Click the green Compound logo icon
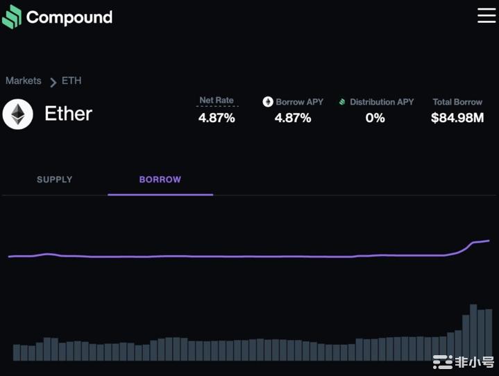coord(12,17)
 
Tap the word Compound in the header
coord(69,17)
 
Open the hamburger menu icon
coord(486,15)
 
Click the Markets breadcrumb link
coord(24,80)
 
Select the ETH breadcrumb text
coord(71,80)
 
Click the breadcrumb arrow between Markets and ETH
coord(53,82)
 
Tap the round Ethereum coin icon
coord(17,114)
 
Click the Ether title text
coord(68,114)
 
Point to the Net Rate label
coord(217,101)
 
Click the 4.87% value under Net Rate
coord(217,118)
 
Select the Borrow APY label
coord(300,102)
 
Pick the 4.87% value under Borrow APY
coord(293,118)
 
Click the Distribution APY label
coord(382,102)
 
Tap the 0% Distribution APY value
coord(375,118)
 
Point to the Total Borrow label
coord(457,102)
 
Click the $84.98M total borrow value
coord(457,118)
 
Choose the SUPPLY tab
coord(55,180)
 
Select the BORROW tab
coord(160,180)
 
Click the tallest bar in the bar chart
coord(473,332)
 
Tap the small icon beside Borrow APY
coord(268,102)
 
